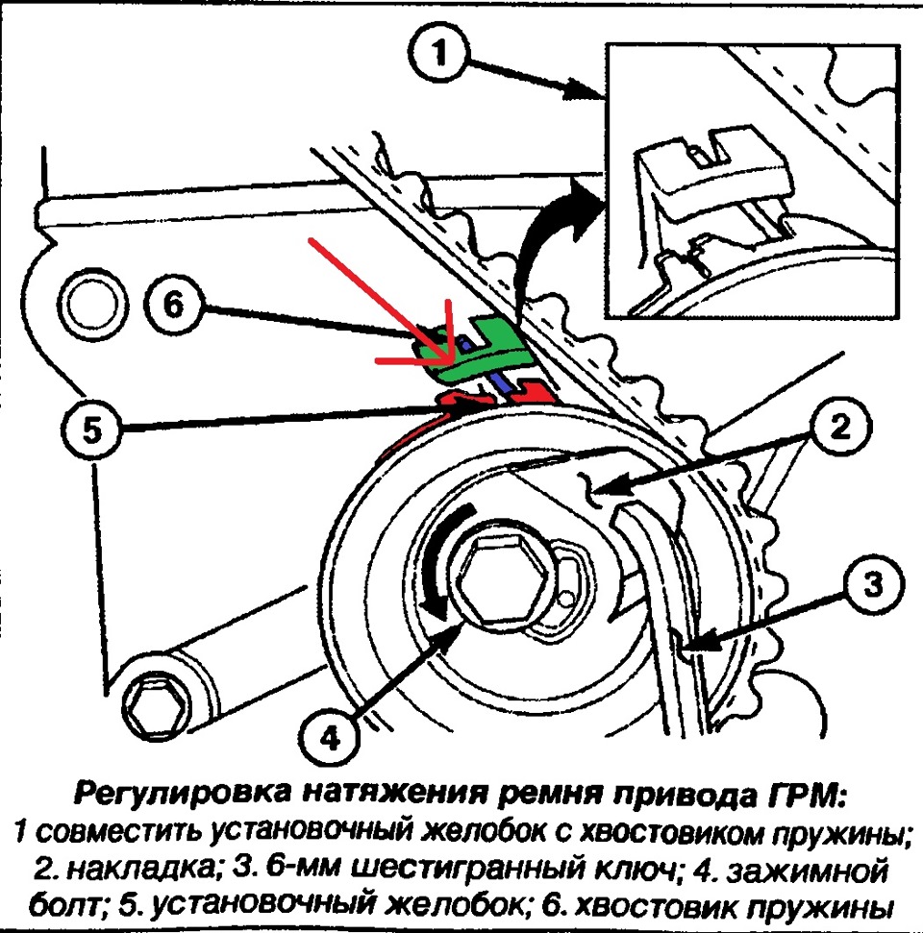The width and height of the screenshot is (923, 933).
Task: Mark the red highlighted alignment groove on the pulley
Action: (x=481, y=397)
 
